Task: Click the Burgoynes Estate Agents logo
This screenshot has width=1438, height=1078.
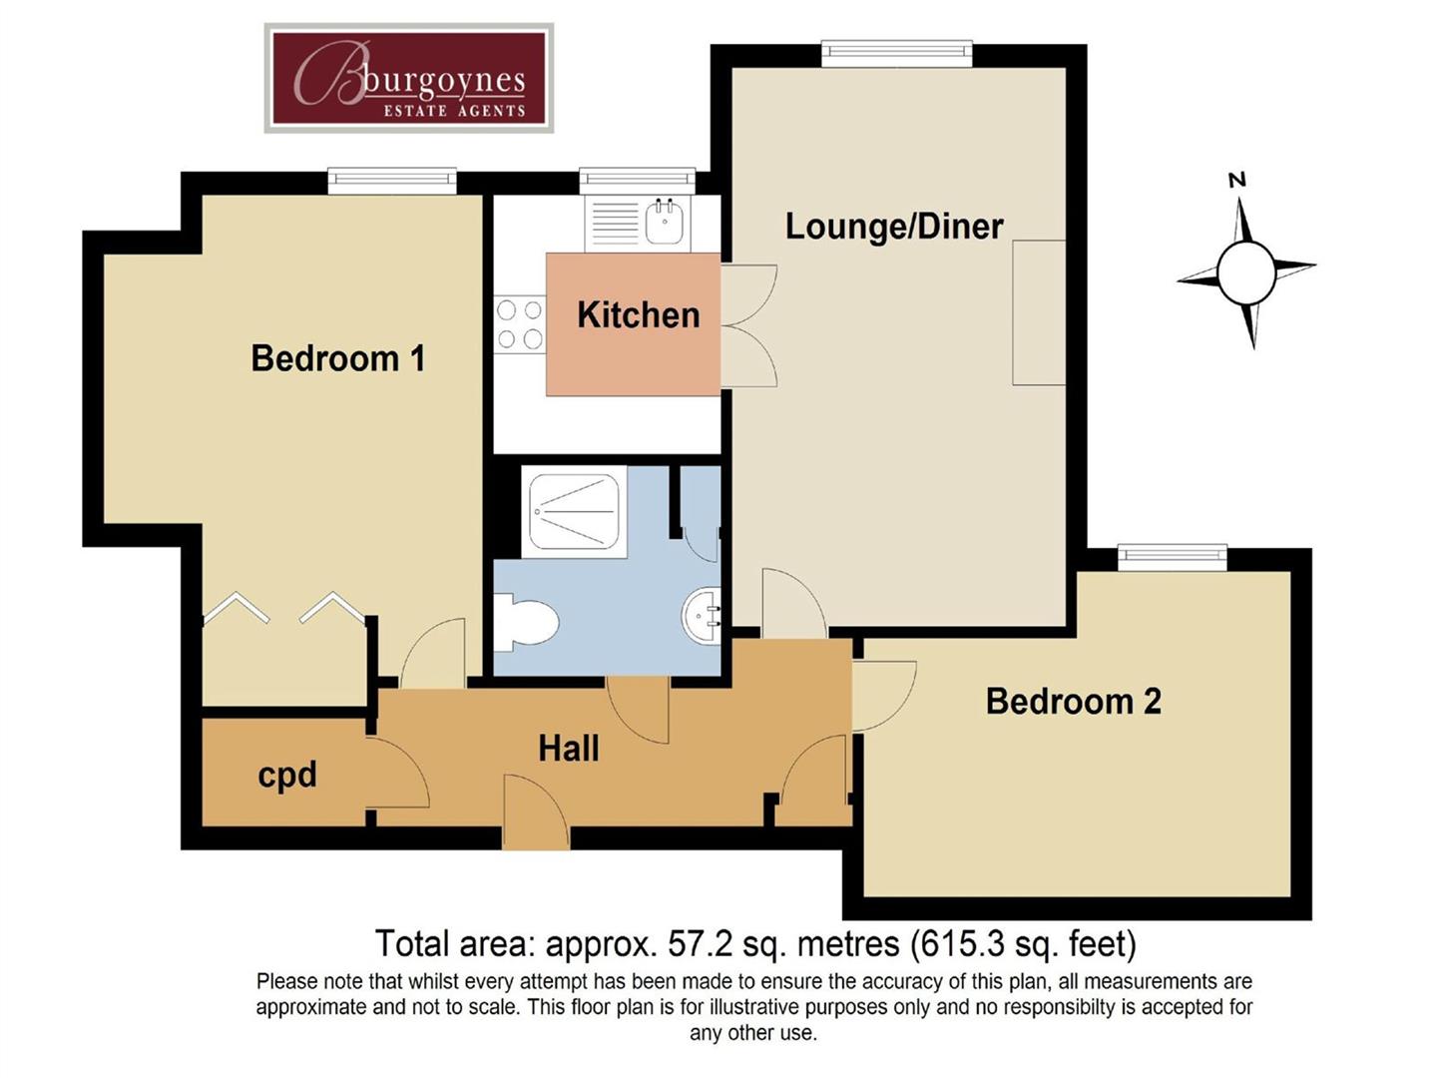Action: pyautogui.click(x=409, y=79)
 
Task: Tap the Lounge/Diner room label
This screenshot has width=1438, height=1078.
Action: pyautogui.click(x=893, y=227)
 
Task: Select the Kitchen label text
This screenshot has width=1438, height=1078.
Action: pyautogui.click(x=638, y=315)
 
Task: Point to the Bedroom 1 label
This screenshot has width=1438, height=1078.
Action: pyautogui.click(x=337, y=358)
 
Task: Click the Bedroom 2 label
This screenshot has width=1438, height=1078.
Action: pyautogui.click(x=1073, y=702)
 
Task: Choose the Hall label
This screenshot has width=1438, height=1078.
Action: pyautogui.click(x=568, y=749)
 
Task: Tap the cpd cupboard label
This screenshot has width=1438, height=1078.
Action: pyautogui.click(x=286, y=775)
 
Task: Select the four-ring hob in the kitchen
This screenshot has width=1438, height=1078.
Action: pyautogui.click(x=520, y=324)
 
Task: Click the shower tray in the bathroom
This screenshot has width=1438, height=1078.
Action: pyautogui.click(x=574, y=512)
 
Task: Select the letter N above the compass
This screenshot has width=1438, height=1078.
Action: pyautogui.click(x=1237, y=181)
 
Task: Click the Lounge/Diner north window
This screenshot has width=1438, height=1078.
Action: pyautogui.click(x=896, y=54)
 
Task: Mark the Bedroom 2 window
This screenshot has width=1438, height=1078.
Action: pyautogui.click(x=1172, y=558)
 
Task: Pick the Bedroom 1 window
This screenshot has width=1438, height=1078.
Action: pyautogui.click(x=392, y=181)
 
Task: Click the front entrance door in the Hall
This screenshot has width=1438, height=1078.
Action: pyautogui.click(x=536, y=813)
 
